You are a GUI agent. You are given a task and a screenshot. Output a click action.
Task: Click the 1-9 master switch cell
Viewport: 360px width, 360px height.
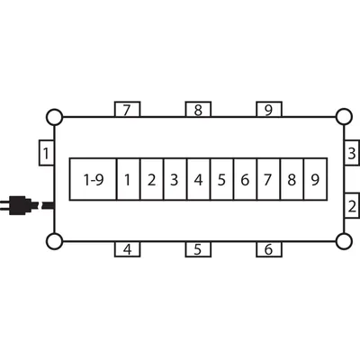click(x=93, y=179)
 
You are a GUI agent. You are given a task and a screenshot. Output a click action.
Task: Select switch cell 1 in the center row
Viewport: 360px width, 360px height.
click(x=128, y=179)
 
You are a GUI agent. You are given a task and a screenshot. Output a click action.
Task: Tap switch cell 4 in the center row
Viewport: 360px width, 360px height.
click(x=199, y=179)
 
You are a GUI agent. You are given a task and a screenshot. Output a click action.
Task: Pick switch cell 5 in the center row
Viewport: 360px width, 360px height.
click(x=222, y=179)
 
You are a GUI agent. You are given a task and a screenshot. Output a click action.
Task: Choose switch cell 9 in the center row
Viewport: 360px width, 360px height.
click(x=316, y=179)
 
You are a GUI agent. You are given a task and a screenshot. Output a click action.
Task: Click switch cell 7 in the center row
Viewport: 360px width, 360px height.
click(x=268, y=179)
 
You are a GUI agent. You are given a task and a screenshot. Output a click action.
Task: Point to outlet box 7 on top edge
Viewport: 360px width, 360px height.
click(x=128, y=110)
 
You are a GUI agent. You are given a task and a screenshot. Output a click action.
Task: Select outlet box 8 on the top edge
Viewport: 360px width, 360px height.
click(x=198, y=110)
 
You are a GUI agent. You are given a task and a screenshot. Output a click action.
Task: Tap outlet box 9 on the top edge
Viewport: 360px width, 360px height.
click(x=269, y=110)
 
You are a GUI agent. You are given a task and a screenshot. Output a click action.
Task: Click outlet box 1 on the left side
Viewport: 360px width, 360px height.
click(x=47, y=153)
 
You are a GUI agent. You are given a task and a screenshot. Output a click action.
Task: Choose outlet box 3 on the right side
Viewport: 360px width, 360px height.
click(x=352, y=152)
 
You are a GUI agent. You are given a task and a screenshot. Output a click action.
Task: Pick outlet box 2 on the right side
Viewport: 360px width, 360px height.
click(x=352, y=206)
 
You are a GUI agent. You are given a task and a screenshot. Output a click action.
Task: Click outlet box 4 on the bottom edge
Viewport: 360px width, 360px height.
click(x=128, y=249)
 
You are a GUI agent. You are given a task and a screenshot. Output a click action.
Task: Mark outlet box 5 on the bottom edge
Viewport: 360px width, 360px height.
click(x=198, y=249)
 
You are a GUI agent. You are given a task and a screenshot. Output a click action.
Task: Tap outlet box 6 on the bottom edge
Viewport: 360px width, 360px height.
click(x=269, y=249)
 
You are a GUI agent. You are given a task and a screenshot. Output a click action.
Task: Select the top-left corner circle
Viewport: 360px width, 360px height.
click(x=55, y=117)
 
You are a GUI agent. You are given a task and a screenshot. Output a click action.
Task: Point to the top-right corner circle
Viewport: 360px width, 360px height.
click(x=344, y=117)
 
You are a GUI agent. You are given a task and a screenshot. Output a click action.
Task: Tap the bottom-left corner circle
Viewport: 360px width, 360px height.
click(x=55, y=241)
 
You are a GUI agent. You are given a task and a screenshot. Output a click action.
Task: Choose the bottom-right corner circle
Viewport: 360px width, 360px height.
click(x=344, y=241)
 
